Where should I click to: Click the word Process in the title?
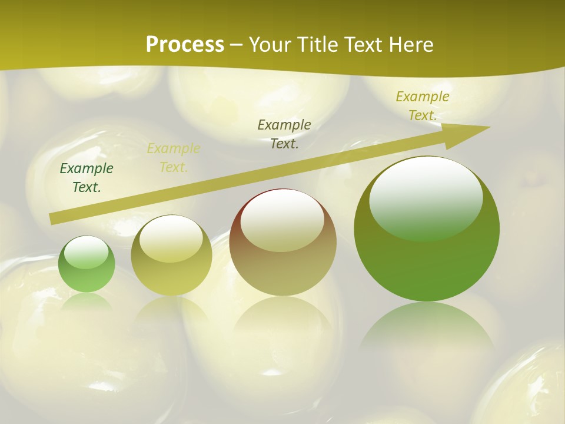(x=185, y=45)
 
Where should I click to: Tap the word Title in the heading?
(x=317, y=45)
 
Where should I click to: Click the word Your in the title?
(x=272, y=45)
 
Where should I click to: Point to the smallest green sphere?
(x=87, y=264)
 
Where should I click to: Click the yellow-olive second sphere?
(x=171, y=256)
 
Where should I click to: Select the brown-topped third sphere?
(x=282, y=242)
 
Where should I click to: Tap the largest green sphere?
(x=427, y=228)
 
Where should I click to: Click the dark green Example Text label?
(x=87, y=178)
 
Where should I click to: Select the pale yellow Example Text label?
(x=174, y=158)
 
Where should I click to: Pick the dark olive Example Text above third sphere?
(x=284, y=134)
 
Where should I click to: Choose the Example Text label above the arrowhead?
(x=423, y=106)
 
